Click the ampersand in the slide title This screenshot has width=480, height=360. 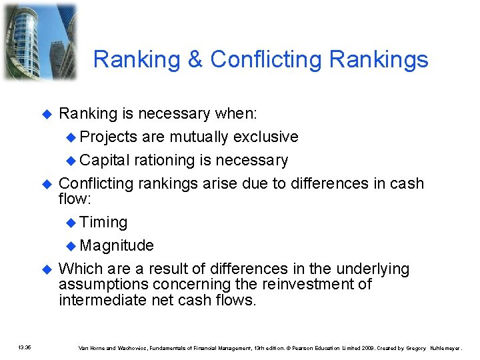pyautogui.click(x=196, y=60)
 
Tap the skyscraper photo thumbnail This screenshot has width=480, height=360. pyautogui.click(x=40, y=41)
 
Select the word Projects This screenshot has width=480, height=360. pyautogui.click(x=108, y=137)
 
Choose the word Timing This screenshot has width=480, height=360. pyautogui.click(x=103, y=223)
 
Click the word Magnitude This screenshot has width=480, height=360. pyautogui.click(x=117, y=246)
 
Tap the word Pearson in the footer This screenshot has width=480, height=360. pyautogui.click(x=304, y=347)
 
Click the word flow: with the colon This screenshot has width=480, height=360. pyautogui.click(x=75, y=199)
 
